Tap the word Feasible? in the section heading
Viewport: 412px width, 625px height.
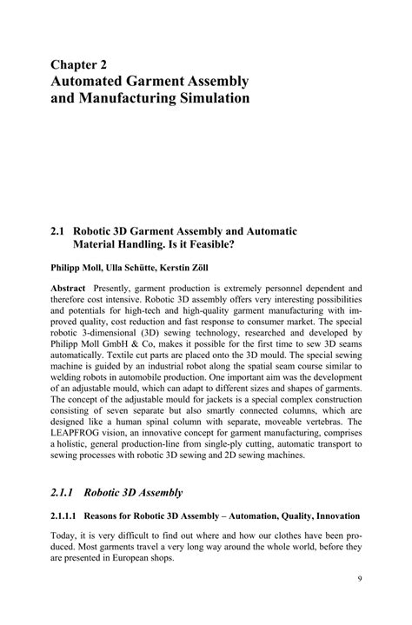pos(262,246)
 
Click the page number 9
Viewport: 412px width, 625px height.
pos(360,602)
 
